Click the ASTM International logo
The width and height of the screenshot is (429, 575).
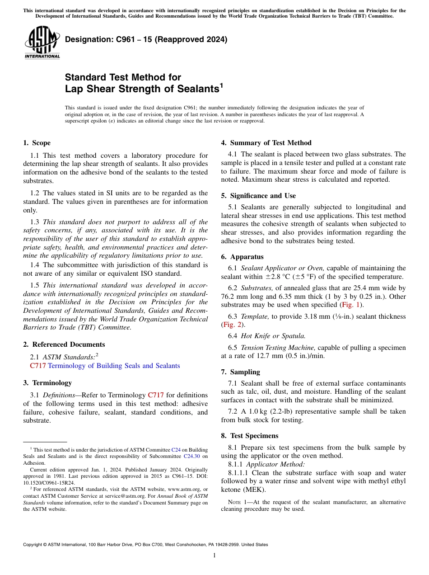click(x=42, y=42)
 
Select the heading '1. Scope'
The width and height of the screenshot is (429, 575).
click(x=37, y=143)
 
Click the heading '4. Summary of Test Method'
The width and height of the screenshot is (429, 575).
click(x=266, y=143)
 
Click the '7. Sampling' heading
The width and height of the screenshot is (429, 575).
click(x=240, y=372)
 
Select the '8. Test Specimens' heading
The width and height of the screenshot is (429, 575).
click(x=249, y=436)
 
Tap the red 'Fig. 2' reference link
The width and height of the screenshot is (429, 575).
click(x=228, y=325)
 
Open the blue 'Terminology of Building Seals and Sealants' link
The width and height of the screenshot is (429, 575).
click(x=114, y=366)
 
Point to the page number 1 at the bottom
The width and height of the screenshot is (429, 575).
click(x=214, y=555)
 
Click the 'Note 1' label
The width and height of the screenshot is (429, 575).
click(x=237, y=502)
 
